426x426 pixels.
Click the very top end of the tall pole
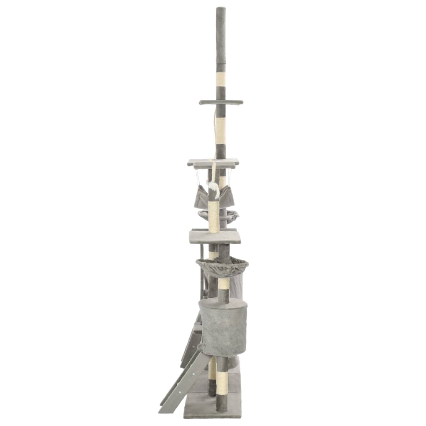click(220, 8)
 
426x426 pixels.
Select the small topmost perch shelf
click(221, 102)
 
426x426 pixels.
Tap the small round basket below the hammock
click(218, 216)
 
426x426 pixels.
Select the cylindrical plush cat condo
click(223, 327)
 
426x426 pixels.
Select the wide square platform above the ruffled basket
click(215, 237)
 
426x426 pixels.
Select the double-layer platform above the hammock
click(213, 163)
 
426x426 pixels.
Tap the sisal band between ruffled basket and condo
click(224, 284)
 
